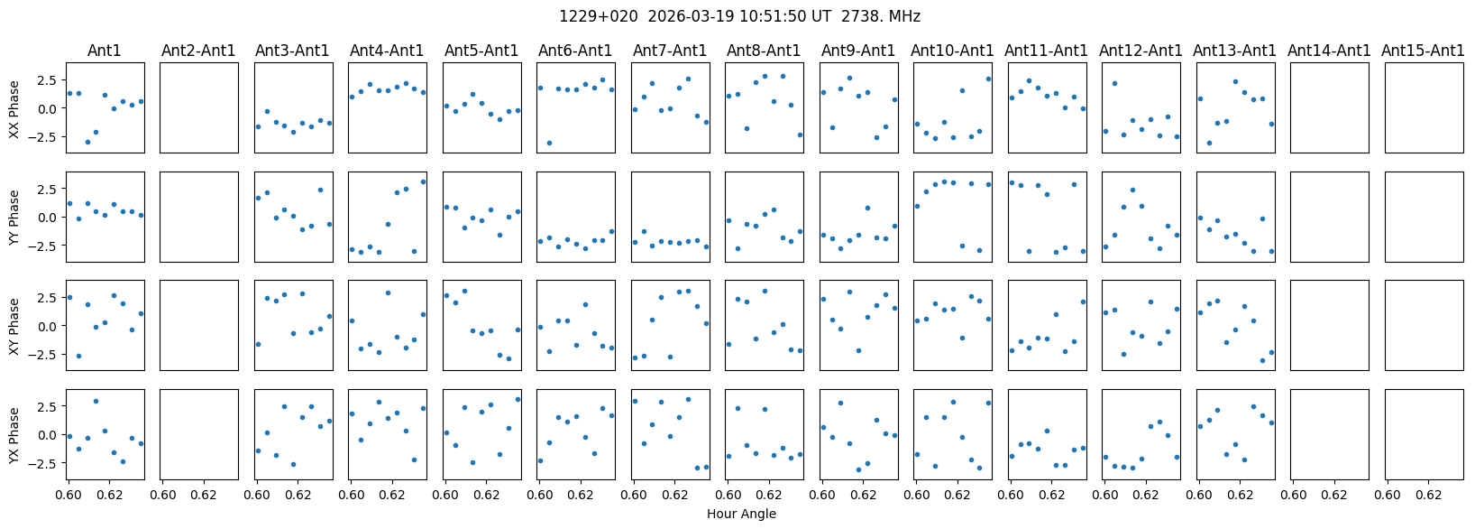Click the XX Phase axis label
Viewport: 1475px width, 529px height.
[x=14, y=108]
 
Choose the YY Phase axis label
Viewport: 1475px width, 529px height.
[x=14, y=217]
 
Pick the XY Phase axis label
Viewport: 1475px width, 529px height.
[x=14, y=325]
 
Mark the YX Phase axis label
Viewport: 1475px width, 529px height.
[x=14, y=434]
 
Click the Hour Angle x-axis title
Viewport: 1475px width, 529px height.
[x=741, y=515]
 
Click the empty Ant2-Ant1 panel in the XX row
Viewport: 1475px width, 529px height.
[x=199, y=108]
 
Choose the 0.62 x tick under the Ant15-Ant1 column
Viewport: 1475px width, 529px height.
[x=1429, y=495]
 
